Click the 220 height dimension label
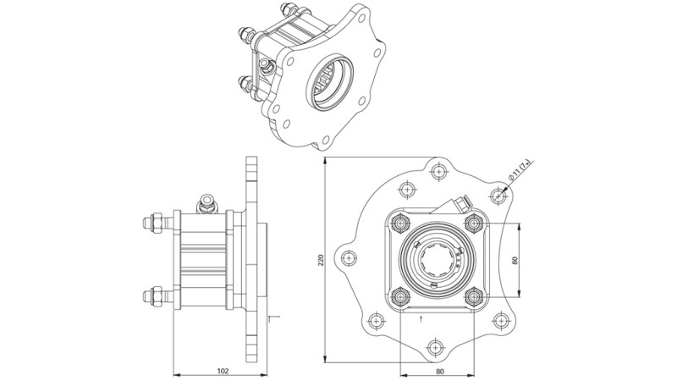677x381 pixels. point(321,260)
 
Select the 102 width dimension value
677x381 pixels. point(223,371)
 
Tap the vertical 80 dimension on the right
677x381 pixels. point(515,261)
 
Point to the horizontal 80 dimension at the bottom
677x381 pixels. point(440,371)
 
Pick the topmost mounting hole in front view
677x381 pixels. point(438,172)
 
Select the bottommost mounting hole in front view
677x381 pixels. point(435,348)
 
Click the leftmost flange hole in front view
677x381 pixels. point(349,258)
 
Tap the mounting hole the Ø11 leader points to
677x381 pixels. point(498,196)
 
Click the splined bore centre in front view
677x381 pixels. point(438,260)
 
